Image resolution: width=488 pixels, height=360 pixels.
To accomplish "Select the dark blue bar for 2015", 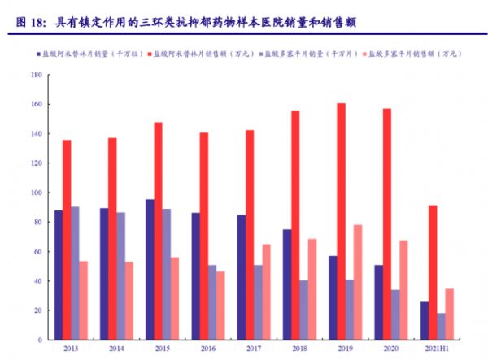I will pyautogui.click(x=150, y=269).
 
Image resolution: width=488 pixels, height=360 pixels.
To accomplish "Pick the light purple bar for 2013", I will pyautogui.click(x=75, y=273).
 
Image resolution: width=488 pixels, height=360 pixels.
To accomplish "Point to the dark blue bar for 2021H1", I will pyautogui.click(x=424, y=320).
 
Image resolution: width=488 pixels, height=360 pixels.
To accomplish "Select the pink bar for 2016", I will pyautogui.click(x=220, y=306).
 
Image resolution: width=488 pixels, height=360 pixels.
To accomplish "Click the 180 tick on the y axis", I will pyautogui.click(x=37, y=75).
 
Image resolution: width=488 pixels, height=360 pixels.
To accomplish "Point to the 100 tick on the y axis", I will pyautogui.click(x=37, y=193).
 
